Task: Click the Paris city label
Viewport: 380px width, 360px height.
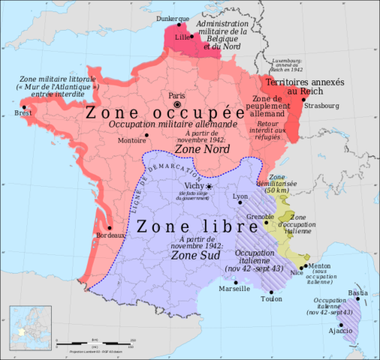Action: click(x=176, y=96)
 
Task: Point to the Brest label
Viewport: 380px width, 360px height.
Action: click(x=13, y=113)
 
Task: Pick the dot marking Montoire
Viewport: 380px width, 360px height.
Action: click(x=146, y=134)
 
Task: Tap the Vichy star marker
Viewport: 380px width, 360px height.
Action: click(x=210, y=186)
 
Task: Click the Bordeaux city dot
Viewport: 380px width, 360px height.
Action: click(x=110, y=228)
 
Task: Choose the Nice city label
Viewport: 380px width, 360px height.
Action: click(x=297, y=274)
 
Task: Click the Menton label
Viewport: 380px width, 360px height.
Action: click(x=320, y=265)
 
